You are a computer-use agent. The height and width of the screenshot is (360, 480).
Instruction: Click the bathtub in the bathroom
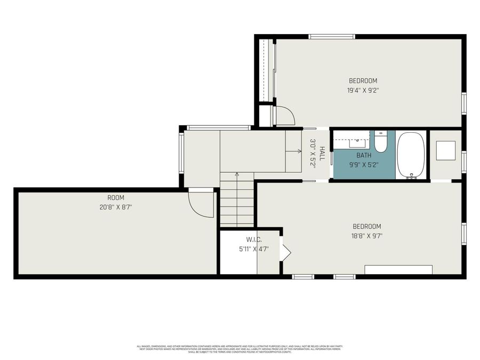(x=411, y=155)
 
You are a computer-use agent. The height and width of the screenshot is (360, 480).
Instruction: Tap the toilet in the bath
(x=380, y=141)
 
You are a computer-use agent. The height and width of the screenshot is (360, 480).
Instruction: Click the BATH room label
(x=364, y=155)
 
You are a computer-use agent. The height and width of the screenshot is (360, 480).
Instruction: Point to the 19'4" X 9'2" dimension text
(x=363, y=91)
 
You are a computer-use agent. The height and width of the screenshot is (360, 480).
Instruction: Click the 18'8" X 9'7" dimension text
(x=367, y=236)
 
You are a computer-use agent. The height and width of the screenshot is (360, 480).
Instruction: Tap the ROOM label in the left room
(x=116, y=197)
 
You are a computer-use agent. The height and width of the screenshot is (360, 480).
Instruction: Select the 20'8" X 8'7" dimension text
(x=116, y=206)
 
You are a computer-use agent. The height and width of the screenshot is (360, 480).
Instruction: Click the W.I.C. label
(x=254, y=239)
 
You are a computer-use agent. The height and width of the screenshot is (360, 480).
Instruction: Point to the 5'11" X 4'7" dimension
(x=254, y=249)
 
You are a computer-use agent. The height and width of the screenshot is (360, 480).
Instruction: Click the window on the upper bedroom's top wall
(x=332, y=37)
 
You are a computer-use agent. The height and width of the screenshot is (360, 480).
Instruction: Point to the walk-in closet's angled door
(x=285, y=252)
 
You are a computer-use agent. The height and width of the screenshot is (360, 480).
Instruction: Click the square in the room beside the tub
(x=445, y=150)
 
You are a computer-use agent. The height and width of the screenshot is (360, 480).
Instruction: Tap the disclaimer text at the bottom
(x=240, y=349)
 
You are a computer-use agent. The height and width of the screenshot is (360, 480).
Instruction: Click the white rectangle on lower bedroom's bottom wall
(x=398, y=269)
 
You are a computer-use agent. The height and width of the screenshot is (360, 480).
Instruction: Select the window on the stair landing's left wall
(x=181, y=152)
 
